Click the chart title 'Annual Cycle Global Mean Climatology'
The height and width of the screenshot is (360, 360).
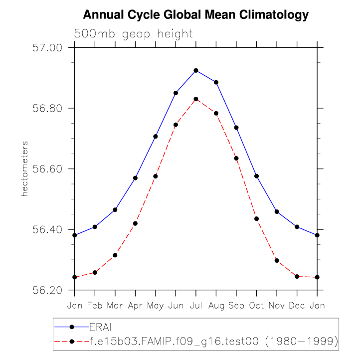point(196,15)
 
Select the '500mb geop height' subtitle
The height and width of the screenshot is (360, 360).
point(133,34)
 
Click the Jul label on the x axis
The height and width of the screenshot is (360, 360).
point(196,305)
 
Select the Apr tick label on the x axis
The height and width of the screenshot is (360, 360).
point(135,305)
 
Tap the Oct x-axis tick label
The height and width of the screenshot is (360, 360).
point(256,305)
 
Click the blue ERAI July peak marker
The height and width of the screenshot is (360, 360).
point(196,70)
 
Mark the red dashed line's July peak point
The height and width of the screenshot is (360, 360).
point(196,99)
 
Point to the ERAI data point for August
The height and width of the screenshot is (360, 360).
point(216,82)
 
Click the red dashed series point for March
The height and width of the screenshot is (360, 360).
point(115,255)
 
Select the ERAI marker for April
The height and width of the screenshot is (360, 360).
point(135,178)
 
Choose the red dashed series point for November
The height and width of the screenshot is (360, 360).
point(277,260)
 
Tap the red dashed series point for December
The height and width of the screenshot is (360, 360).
point(297,276)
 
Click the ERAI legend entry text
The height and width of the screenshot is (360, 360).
point(101,327)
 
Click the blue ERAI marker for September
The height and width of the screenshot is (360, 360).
point(236,128)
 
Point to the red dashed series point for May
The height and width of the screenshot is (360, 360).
point(156,176)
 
